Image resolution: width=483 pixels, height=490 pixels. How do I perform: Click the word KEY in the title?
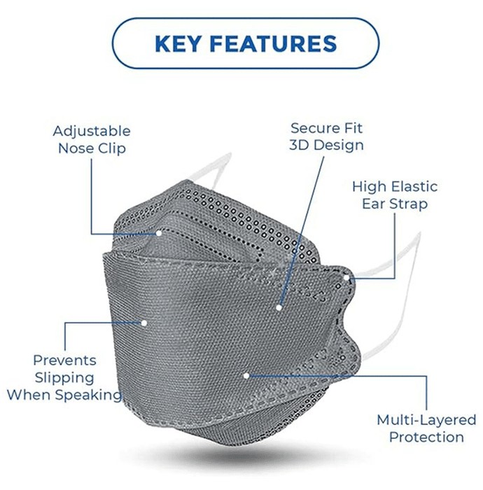[178, 43]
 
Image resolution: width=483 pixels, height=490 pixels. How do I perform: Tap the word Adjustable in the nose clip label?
[92, 132]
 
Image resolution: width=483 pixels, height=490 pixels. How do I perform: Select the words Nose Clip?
[92, 148]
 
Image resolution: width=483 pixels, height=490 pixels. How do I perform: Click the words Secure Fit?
[326, 128]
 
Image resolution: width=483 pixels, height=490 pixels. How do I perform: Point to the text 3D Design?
[326, 145]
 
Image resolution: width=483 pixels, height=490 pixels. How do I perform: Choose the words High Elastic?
[395, 187]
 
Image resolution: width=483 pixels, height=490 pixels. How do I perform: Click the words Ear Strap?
[395, 204]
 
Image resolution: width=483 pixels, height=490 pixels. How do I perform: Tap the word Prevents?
[64, 360]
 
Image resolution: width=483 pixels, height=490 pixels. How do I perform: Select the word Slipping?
[64, 378]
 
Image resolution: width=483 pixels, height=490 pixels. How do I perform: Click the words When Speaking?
[64, 395]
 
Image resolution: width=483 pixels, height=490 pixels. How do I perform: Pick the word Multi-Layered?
[426, 420]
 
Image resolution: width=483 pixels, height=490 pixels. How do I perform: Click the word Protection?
[426, 437]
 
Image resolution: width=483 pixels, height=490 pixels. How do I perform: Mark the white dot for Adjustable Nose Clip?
[159, 233]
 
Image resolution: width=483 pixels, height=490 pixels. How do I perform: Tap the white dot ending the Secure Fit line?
[279, 307]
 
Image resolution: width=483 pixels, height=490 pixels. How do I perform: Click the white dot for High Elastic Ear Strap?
[346, 277]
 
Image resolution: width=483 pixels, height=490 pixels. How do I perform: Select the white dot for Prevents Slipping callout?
[144, 323]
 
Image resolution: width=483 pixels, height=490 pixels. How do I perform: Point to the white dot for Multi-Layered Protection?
[246, 376]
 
